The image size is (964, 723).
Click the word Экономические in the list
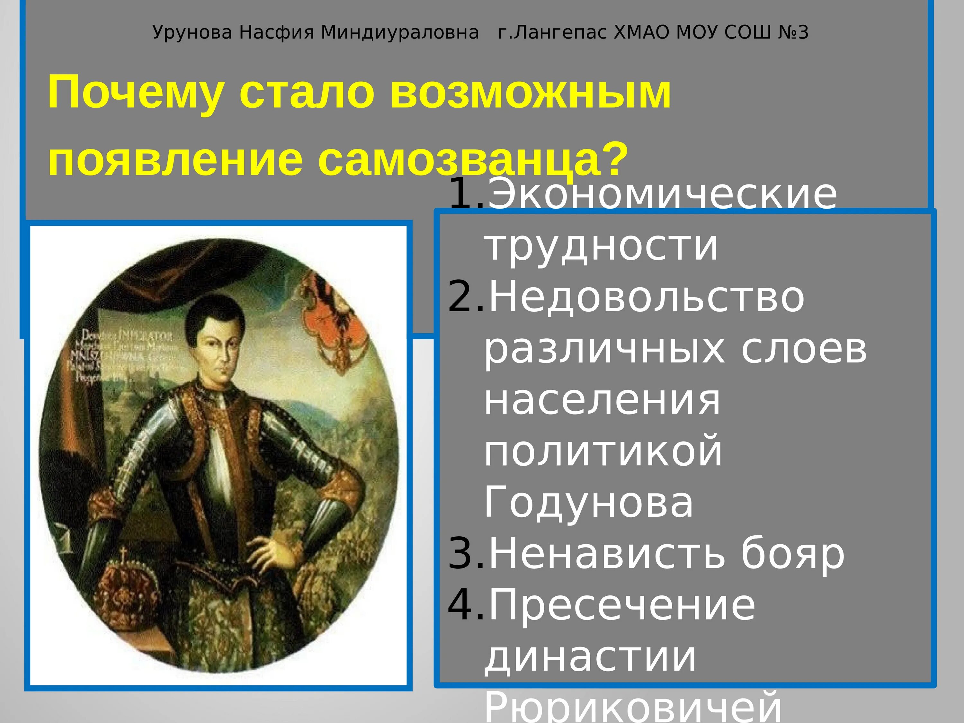[662, 195]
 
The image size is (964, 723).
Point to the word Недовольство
[647, 298]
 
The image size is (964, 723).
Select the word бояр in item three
[793, 554]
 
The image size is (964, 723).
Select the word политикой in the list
[603, 451]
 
